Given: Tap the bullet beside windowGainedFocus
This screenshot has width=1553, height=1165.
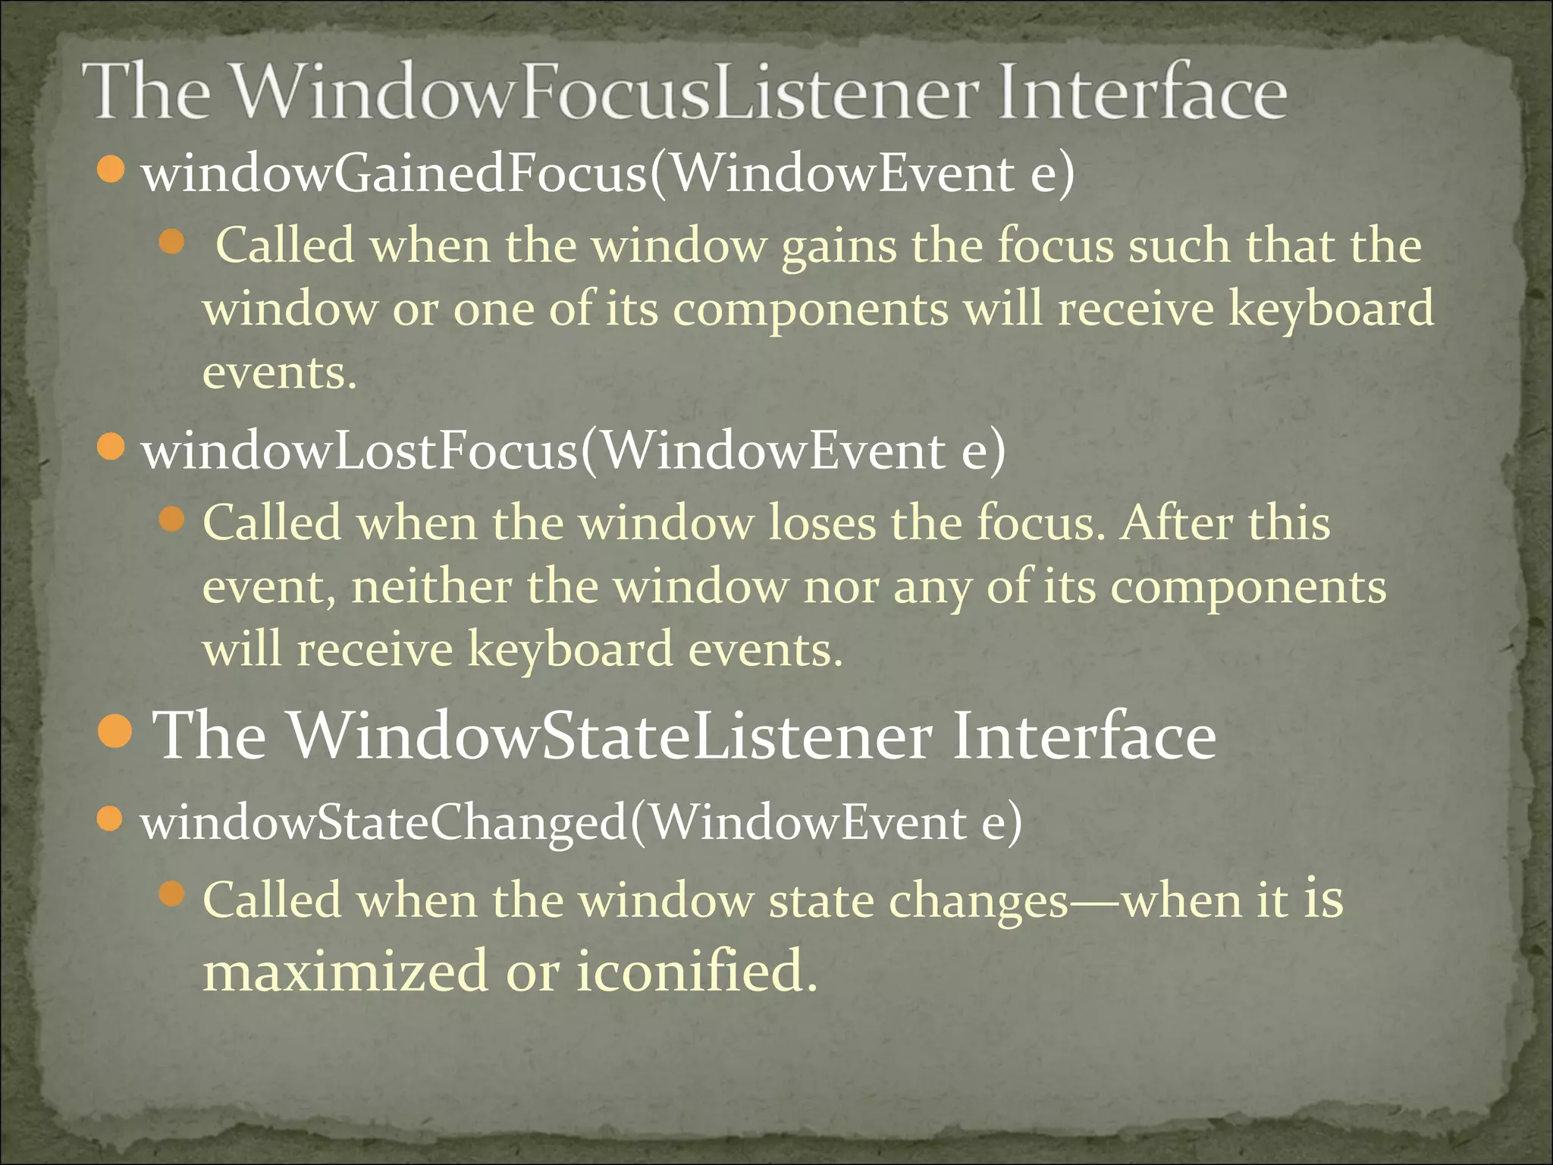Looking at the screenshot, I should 111,169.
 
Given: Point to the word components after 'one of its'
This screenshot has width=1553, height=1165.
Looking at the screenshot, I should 810,310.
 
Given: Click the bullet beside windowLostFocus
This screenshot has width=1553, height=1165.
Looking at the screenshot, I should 111,447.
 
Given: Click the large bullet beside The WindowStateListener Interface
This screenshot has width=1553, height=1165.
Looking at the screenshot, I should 116,731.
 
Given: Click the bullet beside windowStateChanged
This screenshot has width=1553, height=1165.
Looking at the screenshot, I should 111,819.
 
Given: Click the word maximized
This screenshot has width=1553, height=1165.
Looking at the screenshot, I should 345,971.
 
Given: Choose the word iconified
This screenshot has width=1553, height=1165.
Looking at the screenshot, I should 695,971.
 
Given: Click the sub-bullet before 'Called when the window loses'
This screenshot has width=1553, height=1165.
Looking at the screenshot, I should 173,520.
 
